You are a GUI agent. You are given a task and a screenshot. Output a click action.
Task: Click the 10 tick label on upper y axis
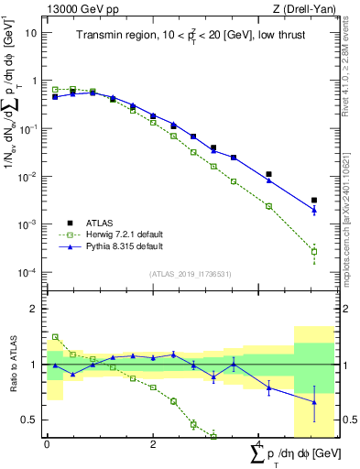(30, 32)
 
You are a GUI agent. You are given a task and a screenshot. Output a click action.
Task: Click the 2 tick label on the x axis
(153, 444)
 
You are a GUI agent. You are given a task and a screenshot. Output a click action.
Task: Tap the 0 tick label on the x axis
(47, 444)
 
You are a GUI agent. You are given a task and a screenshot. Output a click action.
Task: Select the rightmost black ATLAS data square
(314, 200)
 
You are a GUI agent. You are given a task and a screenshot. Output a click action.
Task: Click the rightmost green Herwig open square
(314, 251)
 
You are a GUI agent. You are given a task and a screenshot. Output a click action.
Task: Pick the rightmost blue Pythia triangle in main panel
(314, 210)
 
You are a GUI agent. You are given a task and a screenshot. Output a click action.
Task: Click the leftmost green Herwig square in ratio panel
(55, 337)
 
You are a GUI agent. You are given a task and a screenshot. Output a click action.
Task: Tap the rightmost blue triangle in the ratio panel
(314, 401)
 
